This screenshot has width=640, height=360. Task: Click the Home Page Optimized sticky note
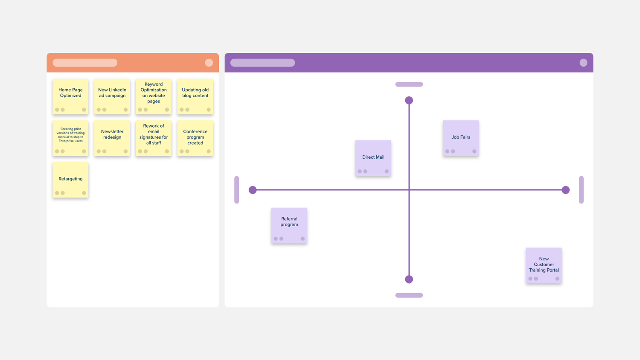70,96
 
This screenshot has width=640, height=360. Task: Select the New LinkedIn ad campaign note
112,96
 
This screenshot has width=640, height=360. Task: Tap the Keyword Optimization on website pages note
154,96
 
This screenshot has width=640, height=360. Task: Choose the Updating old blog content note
195,96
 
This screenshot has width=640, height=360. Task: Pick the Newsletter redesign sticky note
112,138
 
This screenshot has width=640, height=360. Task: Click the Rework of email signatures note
154,138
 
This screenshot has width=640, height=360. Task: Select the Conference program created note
195,138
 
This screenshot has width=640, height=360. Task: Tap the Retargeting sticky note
70,180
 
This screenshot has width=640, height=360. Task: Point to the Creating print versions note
70,138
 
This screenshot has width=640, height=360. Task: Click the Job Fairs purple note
461,138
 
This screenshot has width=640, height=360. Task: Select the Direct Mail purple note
373,158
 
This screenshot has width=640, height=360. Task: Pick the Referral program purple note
289,226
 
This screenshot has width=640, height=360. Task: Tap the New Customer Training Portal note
544,266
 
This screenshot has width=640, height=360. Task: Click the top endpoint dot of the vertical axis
409,100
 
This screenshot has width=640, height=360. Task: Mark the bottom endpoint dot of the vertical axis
409,279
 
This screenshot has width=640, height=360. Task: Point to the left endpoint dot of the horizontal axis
253,190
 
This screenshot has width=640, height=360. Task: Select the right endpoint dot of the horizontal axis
566,190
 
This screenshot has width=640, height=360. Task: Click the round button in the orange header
209,63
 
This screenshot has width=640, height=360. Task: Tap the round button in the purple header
583,63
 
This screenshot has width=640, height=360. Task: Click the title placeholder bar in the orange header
85,63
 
